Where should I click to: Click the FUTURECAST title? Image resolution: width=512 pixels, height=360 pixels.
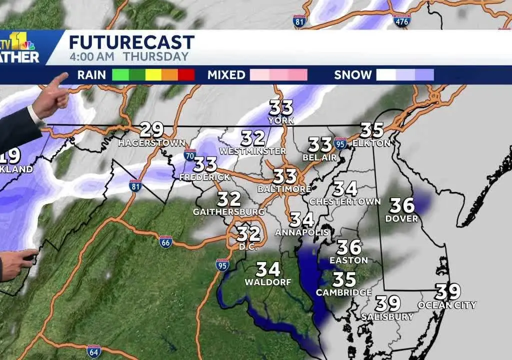[x=131, y=41]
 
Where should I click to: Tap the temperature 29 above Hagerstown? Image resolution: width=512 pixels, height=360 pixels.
[x=151, y=130]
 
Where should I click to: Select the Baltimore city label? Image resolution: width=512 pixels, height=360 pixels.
[x=284, y=189]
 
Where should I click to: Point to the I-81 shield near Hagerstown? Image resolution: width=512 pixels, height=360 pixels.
[x=134, y=184]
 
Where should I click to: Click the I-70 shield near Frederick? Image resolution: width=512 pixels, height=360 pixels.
[x=189, y=154]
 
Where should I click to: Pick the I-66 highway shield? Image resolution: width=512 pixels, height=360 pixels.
[x=165, y=241]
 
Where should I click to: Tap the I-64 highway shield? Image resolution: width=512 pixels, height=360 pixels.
[x=93, y=350]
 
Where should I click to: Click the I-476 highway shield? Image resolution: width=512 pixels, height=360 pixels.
[x=401, y=20]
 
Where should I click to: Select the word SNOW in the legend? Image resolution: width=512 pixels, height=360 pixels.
[x=353, y=75]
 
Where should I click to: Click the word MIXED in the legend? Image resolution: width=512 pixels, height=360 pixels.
[x=226, y=75]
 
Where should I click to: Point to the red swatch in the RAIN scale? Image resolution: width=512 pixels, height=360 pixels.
[x=186, y=75]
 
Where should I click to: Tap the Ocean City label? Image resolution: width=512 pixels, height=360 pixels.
[x=447, y=305]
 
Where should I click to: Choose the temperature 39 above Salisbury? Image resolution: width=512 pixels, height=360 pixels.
[x=388, y=303]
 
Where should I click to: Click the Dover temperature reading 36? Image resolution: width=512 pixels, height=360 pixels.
[x=402, y=205]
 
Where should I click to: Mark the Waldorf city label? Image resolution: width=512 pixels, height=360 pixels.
[x=267, y=282]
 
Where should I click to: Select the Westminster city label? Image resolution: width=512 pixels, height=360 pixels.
[x=252, y=150]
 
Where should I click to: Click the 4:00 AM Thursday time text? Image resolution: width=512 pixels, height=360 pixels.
[x=129, y=57]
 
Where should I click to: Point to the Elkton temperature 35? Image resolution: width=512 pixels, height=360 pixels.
[x=371, y=130]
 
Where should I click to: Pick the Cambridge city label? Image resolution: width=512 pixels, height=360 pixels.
[x=344, y=292]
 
